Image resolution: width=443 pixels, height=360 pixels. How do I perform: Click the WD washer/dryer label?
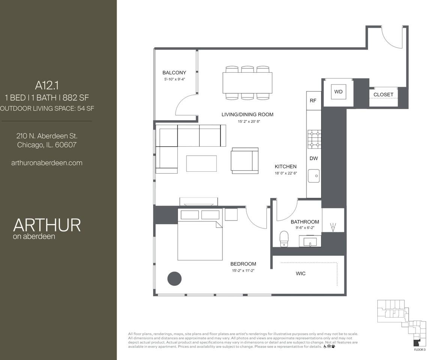pyautogui.click(x=338, y=91)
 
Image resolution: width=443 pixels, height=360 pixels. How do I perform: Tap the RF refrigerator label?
pyautogui.click(x=313, y=101)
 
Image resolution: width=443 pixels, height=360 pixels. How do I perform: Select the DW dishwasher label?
pyautogui.click(x=314, y=159)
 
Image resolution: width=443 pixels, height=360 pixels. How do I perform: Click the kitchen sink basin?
pyautogui.click(x=314, y=175)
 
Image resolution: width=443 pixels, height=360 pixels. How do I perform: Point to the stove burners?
pyautogui.click(x=314, y=139)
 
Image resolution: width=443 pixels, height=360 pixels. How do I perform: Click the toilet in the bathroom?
pyautogui.click(x=284, y=238)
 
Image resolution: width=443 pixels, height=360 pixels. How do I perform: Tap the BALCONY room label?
pyautogui.click(x=174, y=73)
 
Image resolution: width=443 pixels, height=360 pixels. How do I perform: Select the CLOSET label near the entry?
pyautogui.click(x=383, y=94)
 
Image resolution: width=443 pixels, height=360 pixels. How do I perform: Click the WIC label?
pyautogui.click(x=300, y=273)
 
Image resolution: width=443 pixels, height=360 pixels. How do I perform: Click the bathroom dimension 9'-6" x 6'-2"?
pyautogui.click(x=305, y=228)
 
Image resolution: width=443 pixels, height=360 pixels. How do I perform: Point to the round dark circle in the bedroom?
pyautogui.click(x=174, y=278)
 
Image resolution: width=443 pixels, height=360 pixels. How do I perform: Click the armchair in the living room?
pyautogui.click(x=245, y=160)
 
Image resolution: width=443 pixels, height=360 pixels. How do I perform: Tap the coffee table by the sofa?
pyautogui.click(x=201, y=163)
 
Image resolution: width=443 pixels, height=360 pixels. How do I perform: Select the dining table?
pyautogui.click(x=247, y=83)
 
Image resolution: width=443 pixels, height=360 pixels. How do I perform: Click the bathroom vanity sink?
pyautogui.click(x=310, y=241)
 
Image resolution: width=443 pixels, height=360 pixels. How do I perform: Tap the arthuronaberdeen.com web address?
pyautogui.click(x=47, y=163)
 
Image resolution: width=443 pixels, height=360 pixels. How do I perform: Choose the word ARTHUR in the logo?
pyautogui.click(x=47, y=225)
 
